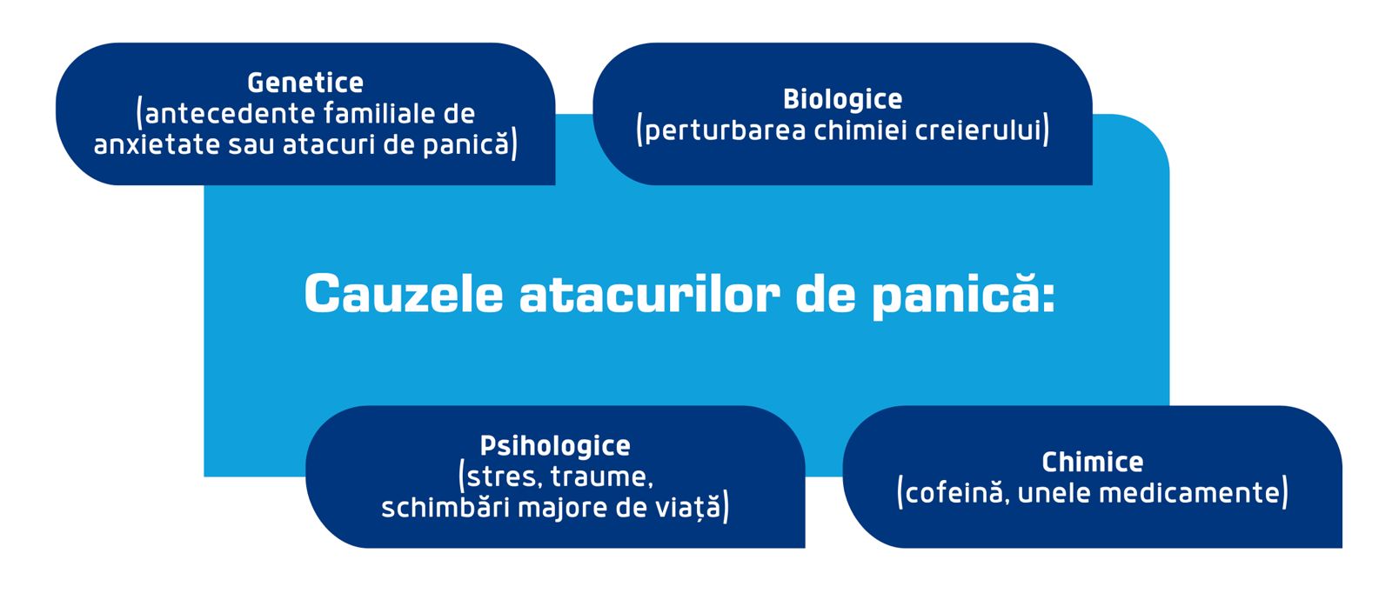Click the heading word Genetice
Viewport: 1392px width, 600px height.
[x=305, y=83]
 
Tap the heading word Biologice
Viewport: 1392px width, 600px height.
[x=843, y=99]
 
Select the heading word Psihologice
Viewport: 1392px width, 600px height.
[x=555, y=446]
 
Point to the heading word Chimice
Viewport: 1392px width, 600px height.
[x=1093, y=462]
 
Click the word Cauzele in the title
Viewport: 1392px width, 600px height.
[x=404, y=294]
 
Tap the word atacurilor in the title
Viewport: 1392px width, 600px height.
[x=649, y=294]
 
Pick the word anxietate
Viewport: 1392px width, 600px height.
[x=157, y=144]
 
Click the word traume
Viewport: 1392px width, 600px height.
[x=601, y=477]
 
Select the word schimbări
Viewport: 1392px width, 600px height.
[x=445, y=508]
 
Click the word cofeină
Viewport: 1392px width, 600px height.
[x=954, y=493]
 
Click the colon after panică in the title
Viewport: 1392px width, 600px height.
[x=1048, y=297]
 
